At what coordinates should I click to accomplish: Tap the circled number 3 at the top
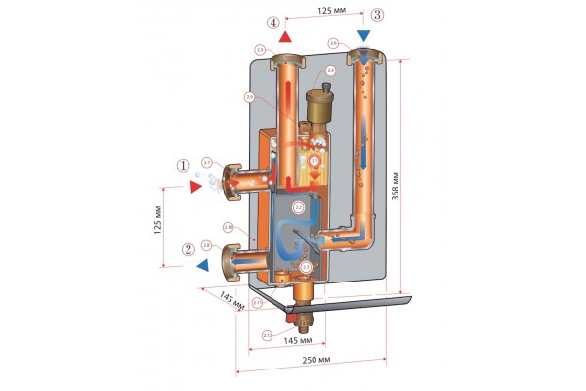tap(378, 16)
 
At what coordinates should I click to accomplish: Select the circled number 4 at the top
tap(274, 22)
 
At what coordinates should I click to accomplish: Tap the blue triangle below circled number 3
tap(364, 36)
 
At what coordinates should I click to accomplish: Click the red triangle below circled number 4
tap(286, 37)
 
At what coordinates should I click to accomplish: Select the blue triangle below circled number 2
tap(201, 265)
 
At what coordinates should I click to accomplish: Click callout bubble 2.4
tap(331, 70)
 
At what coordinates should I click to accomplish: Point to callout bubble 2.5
tap(259, 49)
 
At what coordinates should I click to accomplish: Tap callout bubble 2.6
tap(334, 43)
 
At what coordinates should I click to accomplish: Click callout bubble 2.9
tap(250, 96)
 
